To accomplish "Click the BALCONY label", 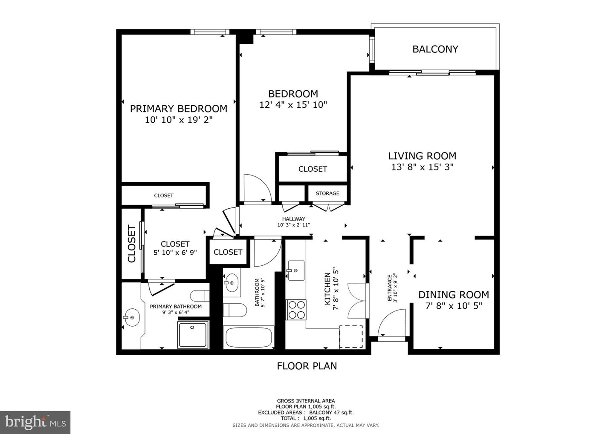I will click(x=435, y=49).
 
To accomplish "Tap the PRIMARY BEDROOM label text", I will click(x=178, y=109).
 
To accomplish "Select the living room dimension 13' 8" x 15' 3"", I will click(x=422, y=167).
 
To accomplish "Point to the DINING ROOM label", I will click(x=453, y=295).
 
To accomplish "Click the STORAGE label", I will click(x=327, y=193).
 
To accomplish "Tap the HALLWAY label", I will click(x=293, y=219).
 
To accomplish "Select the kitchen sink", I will click(x=295, y=270).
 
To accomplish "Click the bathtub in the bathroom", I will click(x=249, y=338).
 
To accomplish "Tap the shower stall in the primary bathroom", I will click(x=193, y=335).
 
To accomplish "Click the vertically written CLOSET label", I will click(x=132, y=244).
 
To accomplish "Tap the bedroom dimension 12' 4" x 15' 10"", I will click(x=293, y=105).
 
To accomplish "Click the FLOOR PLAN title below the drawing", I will click(x=307, y=366).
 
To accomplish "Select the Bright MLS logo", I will click(x=35, y=422).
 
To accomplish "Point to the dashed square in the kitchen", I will click(x=351, y=337).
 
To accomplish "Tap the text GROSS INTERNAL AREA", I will click(x=306, y=401).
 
